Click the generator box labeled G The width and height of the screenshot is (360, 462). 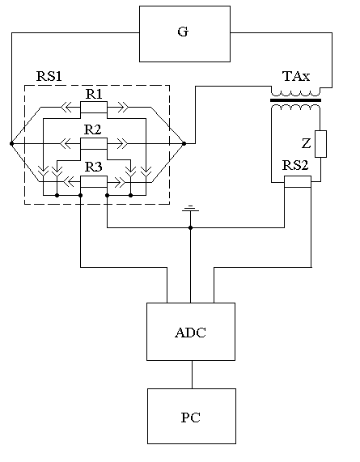pos(184,34)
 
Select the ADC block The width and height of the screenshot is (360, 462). pos(191,332)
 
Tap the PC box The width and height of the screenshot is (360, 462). pos(192,416)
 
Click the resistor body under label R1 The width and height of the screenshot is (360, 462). pos(94,108)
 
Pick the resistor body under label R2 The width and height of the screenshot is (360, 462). pos(94,143)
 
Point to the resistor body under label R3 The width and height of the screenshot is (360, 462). pos(94,181)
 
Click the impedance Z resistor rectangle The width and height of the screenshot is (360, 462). pos(320,144)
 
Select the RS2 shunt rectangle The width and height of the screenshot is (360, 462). pos(298,181)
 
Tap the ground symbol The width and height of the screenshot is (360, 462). pos(191,209)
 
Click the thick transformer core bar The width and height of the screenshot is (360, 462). pos(295,100)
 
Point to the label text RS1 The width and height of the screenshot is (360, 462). pos(49,76)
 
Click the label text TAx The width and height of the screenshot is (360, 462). pos(296,76)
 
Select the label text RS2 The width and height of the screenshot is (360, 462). pos(295,165)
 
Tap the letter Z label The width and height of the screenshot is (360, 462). pos(307,143)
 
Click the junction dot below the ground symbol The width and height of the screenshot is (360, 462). pos(191,227)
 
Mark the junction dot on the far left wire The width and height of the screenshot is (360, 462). pos(11,143)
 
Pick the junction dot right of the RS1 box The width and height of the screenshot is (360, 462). pos(184,143)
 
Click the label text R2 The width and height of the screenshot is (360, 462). pos(92,129)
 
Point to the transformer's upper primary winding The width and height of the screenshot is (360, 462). pos(295,92)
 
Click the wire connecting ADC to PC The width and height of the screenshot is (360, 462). pos(192,375)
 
